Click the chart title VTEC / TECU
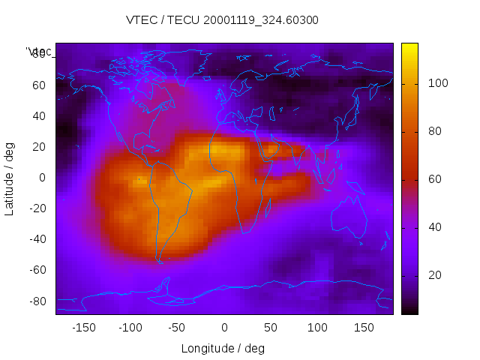point(222,20)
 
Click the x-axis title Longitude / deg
point(223,349)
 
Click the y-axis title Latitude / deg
point(10,178)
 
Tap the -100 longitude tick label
point(130,328)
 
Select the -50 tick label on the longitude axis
point(177,328)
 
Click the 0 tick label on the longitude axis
point(224,328)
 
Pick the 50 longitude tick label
point(271,328)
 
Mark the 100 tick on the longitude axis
point(317,328)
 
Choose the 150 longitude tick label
point(364,328)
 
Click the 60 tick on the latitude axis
point(40,85)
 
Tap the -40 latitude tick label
point(37,239)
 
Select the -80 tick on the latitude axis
point(37,301)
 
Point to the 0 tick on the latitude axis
point(43,178)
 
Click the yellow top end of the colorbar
point(409,46)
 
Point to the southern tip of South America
point(160,260)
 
